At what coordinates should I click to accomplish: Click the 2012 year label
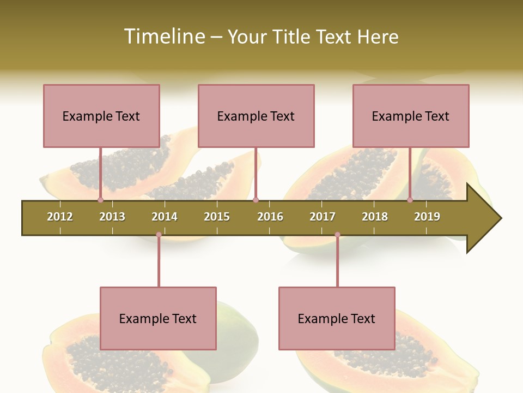pos(60,217)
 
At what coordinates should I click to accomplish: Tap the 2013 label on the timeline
pos(112,217)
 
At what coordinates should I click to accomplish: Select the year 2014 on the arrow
pos(165,217)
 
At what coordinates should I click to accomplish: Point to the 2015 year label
pos(217,217)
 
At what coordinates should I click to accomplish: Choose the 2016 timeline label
pos(270,217)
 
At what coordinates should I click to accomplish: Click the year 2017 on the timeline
pos(323,217)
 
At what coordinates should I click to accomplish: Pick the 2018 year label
pos(375,217)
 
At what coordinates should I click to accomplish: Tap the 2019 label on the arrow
pos(427,217)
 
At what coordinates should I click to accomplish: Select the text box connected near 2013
pos(101,116)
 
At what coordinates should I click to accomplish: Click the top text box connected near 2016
pos(256,116)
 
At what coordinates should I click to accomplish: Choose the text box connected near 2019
pos(411,116)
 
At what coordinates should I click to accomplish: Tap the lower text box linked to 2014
pos(158,318)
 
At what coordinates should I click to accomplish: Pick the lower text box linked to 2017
pos(337,318)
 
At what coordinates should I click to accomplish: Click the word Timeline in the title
pos(163,37)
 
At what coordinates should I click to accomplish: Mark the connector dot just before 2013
pos(100,200)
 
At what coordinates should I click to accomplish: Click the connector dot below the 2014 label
pos(159,235)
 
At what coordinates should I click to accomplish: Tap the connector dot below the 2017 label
pos(337,235)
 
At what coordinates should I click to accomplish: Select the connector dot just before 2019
pos(410,200)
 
